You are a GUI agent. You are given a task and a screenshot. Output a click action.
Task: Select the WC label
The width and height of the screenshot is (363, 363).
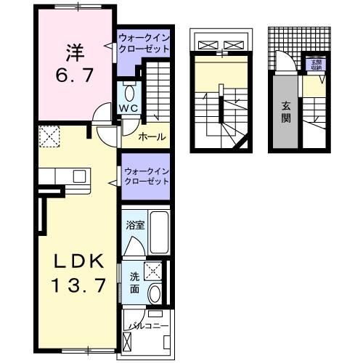(x=129, y=108)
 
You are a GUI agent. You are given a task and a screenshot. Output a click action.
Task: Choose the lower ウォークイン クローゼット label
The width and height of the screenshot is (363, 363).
(x=146, y=176)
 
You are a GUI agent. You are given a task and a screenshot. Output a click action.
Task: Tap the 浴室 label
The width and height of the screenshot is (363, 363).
(x=136, y=225)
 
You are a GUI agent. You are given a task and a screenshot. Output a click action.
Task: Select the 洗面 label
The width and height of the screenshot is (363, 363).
(x=135, y=282)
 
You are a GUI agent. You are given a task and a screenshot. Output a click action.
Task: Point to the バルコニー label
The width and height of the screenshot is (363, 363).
(x=149, y=326)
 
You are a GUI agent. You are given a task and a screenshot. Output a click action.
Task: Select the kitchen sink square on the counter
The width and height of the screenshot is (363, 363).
(x=78, y=176)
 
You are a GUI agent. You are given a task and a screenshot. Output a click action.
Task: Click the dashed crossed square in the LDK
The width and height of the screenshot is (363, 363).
(x=49, y=136)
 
